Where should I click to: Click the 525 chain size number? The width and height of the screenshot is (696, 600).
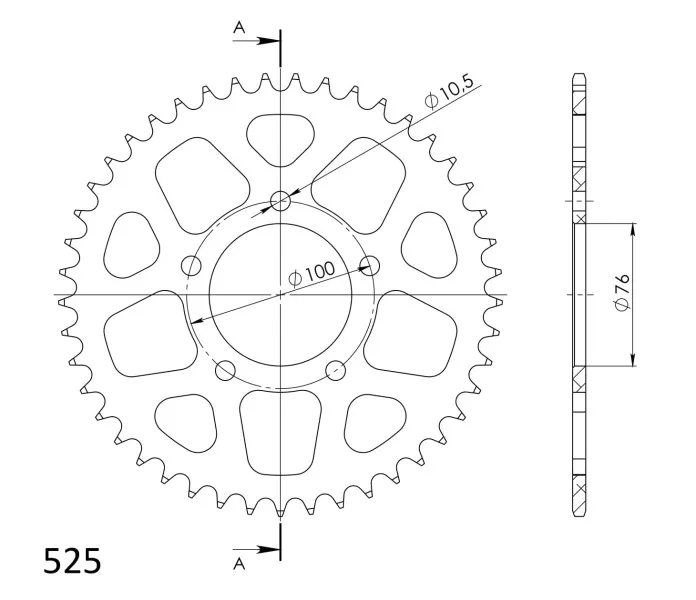pyautogui.click(x=72, y=561)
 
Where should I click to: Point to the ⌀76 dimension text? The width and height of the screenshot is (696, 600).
pyautogui.click(x=622, y=292)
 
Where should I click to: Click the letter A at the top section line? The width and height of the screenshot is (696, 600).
pyautogui.click(x=239, y=28)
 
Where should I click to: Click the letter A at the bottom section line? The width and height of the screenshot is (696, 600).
pyautogui.click(x=239, y=564)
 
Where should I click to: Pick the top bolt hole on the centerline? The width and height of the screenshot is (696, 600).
pyautogui.click(x=281, y=201)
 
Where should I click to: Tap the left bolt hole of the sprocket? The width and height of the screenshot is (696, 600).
pyautogui.click(x=191, y=265)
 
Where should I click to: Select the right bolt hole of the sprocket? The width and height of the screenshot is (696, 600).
pyautogui.click(x=370, y=265)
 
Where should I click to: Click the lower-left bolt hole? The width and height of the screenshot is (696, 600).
pyautogui.click(x=225, y=370)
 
